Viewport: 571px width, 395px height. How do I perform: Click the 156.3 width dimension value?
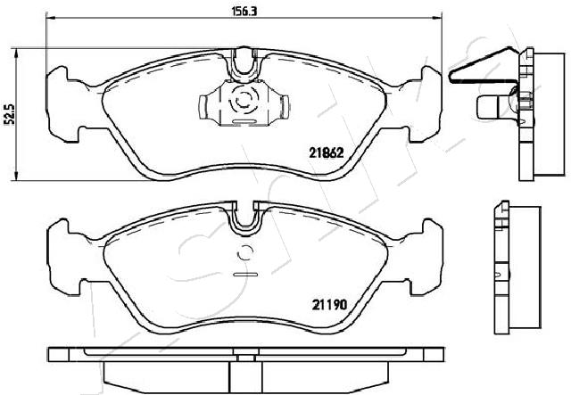click(244, 12)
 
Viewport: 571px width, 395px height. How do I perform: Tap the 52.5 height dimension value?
click(11, 114)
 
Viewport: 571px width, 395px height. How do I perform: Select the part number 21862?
click(327, 152)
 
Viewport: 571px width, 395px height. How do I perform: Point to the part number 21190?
click(329, 304)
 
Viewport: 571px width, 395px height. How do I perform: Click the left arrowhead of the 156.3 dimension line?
click(50, 18)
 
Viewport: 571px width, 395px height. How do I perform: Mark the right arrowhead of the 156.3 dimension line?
click(437, 18)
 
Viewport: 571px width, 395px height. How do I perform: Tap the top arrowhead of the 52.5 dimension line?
click(15, 53)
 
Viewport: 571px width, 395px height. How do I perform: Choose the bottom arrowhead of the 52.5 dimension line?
click(15, 176)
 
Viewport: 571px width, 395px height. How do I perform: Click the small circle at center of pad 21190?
click(244, 252)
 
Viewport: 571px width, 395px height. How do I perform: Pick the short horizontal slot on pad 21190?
click(245, 274)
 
